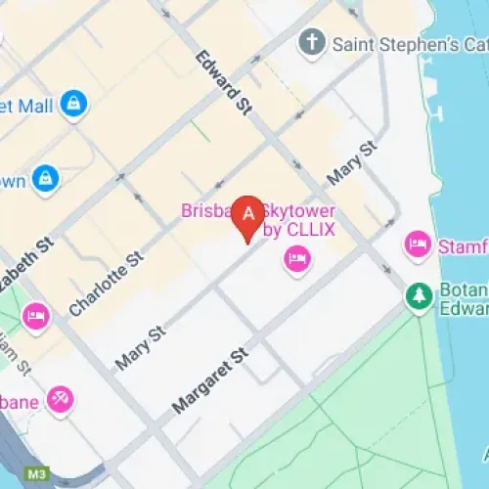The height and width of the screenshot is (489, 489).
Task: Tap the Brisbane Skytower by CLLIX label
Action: coord(256,221)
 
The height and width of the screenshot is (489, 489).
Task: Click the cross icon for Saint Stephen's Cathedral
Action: coord(311,43)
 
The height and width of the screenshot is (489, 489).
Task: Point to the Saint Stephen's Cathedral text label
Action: coord(409,44)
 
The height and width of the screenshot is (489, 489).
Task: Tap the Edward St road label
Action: coord(220,83)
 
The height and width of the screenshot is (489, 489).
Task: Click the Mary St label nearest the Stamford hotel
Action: coord(352,162)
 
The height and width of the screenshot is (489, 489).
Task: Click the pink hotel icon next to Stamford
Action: coord(418,244)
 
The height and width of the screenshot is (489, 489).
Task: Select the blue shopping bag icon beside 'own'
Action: coord(45,178)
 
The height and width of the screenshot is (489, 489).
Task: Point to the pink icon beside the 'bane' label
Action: coord(61,399)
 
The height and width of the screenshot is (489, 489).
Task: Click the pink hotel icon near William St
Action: coord(37,315)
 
